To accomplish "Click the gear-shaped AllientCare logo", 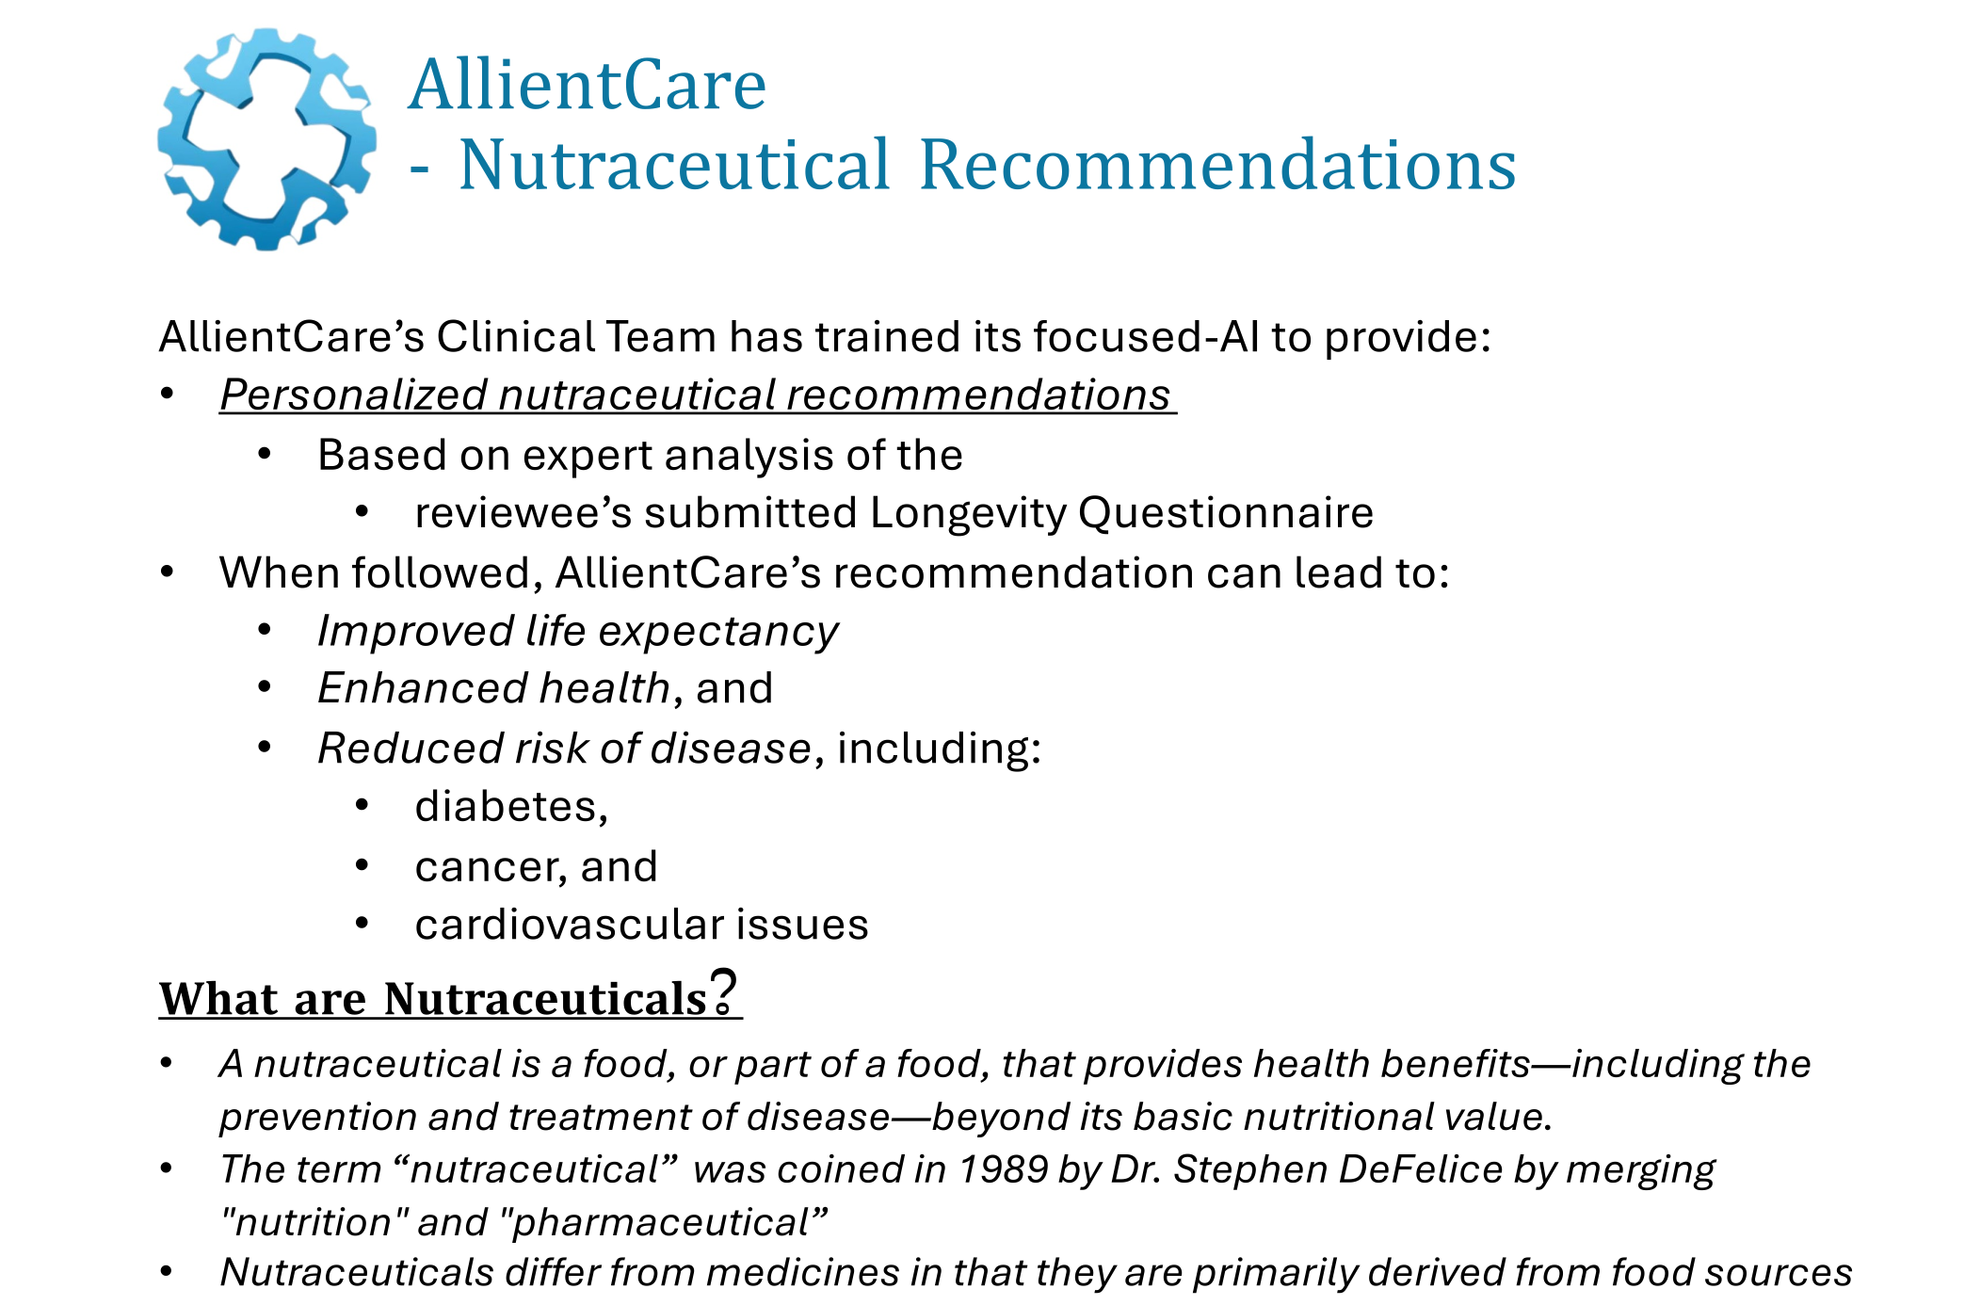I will click(x=266, y=139).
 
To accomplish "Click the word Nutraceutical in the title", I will click(x=673, y=166).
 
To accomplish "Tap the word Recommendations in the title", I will click(x=1216, y=166).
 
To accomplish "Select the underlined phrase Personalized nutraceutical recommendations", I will click(x=697, y=395).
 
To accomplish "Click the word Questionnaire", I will click(x=1225, y=513).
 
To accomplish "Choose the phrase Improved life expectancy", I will click(x=577, y=631).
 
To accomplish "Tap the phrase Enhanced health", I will click(x=493, y=688).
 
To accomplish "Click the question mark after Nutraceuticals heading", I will click(x=723, y=991).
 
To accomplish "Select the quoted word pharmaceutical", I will click(x=662, y=1222).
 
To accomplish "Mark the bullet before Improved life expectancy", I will click(x=266, y=630).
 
